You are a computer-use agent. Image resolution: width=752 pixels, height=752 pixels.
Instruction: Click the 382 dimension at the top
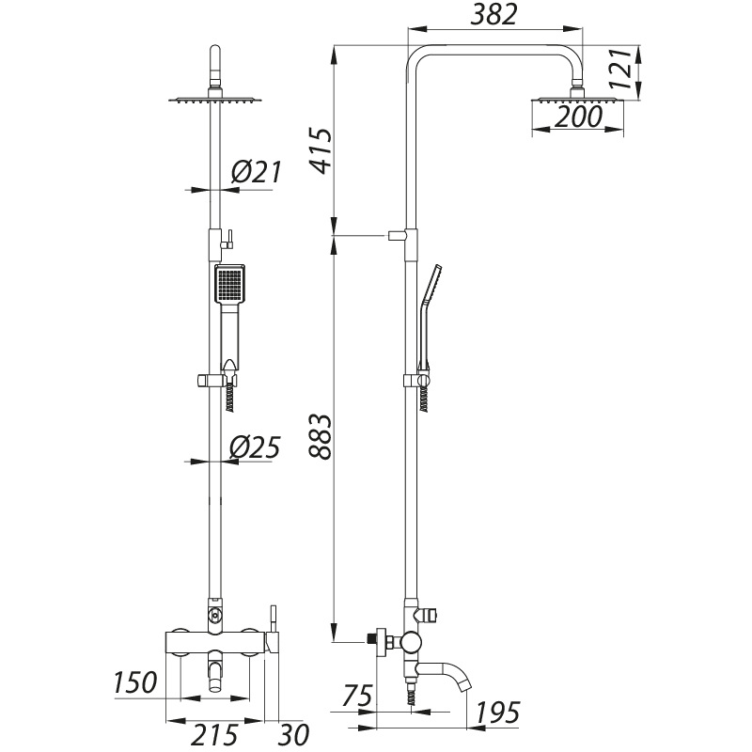(494, 15)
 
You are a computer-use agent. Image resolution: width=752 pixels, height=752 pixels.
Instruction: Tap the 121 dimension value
(620, 69)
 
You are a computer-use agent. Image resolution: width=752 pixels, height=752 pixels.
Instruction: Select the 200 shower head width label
(578, 117)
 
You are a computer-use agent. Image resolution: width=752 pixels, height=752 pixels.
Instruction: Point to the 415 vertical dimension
(321, 150)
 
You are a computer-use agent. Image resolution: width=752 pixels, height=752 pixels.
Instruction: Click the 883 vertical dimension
(321, 437)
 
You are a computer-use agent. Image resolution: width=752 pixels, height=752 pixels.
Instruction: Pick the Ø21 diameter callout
(256, 172)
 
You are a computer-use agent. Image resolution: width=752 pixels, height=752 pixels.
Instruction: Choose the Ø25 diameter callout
(255, 448)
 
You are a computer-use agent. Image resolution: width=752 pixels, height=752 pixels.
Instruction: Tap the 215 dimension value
(215, 734)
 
